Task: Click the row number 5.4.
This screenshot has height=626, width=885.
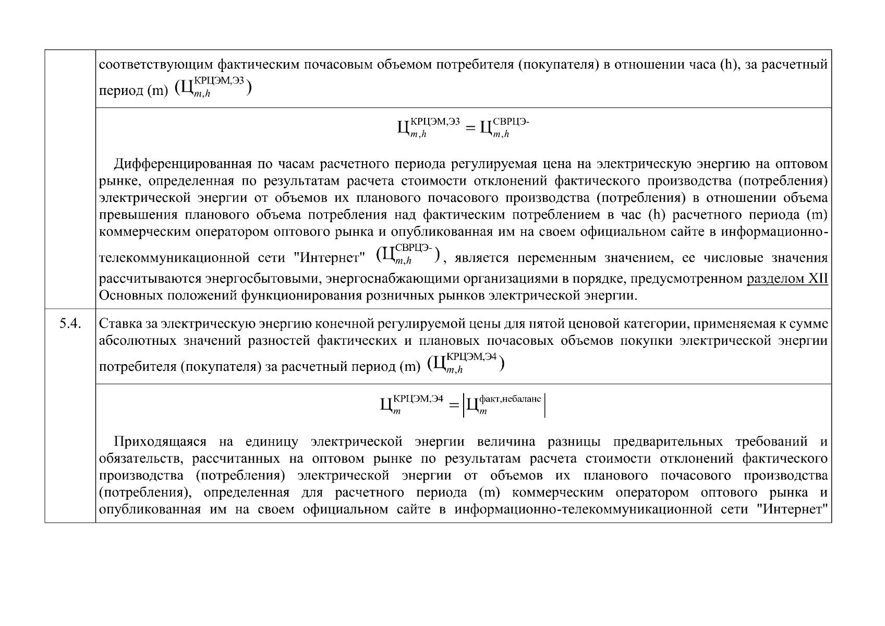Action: tap(69, 324)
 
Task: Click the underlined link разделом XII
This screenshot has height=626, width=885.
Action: tap(787, 279)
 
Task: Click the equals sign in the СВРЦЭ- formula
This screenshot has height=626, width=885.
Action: tap(470, 127)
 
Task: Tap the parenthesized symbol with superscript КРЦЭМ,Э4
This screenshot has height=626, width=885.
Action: tap(466, 363)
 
